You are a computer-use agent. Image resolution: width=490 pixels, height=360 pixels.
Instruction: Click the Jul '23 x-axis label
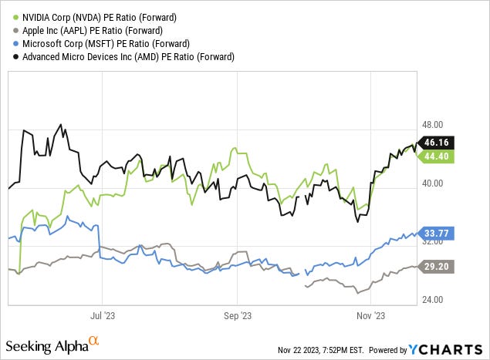coord(103,315)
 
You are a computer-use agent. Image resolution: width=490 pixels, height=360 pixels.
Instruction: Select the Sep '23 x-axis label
coord(238,315)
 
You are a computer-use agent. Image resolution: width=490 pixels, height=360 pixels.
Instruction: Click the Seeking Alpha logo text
coord(46,345)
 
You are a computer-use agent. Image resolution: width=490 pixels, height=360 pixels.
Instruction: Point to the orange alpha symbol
coord(94,339)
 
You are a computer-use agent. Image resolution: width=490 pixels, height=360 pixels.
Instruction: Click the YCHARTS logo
coord(447,348)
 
